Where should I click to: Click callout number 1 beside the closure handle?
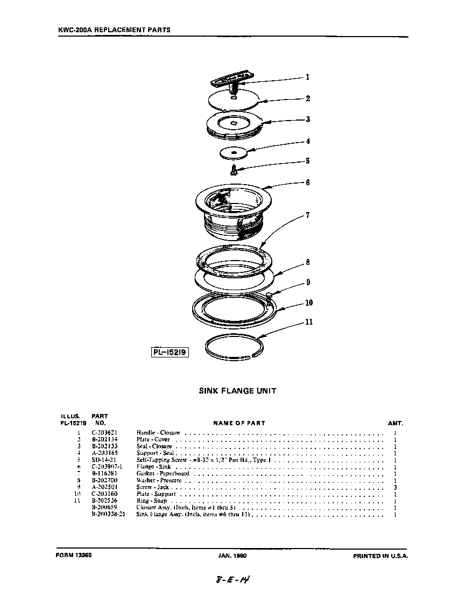pos(307,77)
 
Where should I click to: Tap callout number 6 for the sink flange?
pos(307,182)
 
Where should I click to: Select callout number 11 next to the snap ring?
pos(309,322)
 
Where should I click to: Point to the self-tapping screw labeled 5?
pos(234,171)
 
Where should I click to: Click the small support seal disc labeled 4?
pos(234,153)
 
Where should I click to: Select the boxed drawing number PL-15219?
pos(170,352)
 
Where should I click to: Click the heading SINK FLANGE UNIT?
pos(237,391)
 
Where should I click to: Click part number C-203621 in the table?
pos(104,432)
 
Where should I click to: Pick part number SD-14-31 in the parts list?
pos(104,460)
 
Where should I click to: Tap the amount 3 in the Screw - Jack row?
pos(395,487)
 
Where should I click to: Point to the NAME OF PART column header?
pos(239,423)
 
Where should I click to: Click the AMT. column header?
pos(395,423)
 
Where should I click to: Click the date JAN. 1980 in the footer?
pos(232,556)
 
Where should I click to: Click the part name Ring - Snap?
pos(150,501)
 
